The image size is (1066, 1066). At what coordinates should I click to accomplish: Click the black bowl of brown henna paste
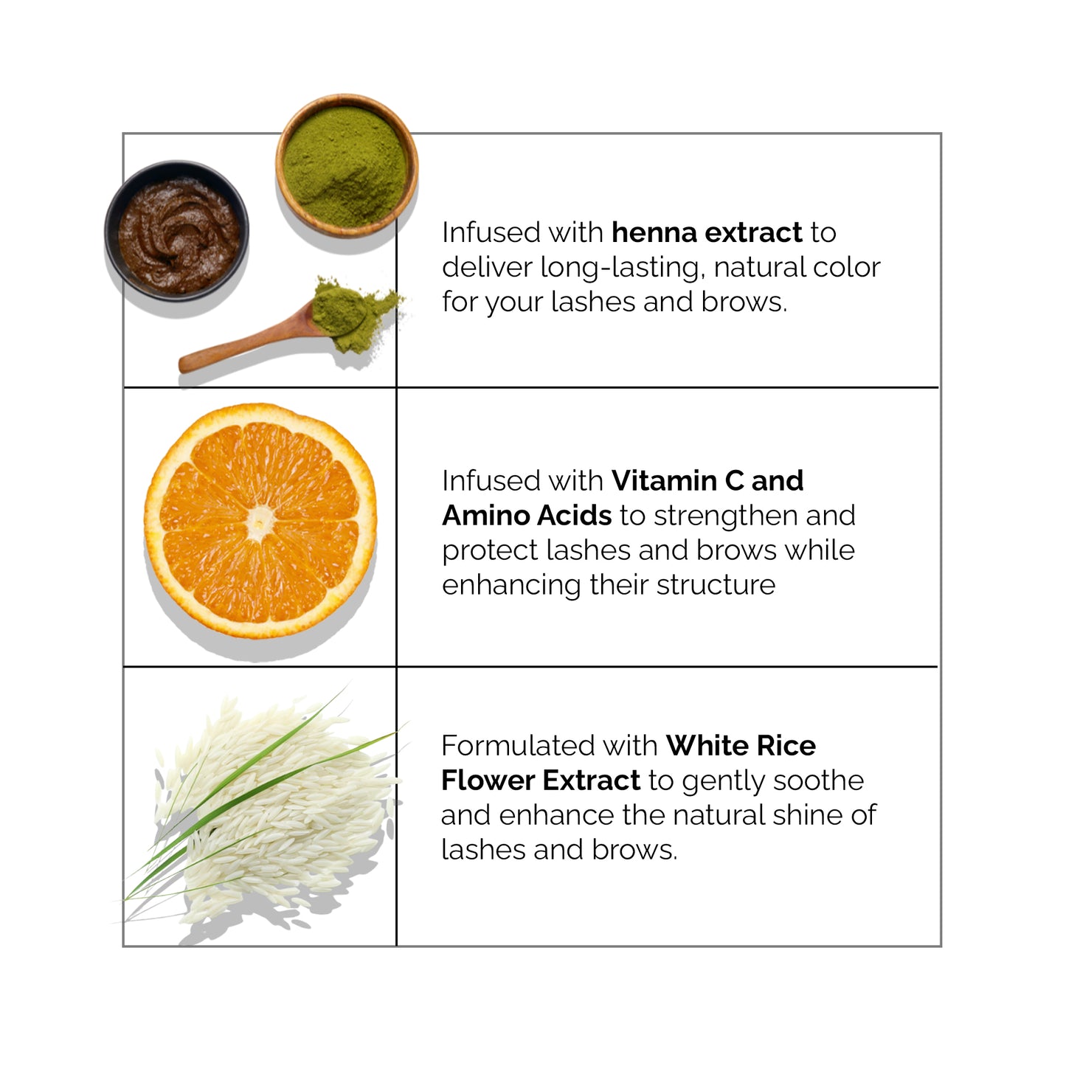point(177,231)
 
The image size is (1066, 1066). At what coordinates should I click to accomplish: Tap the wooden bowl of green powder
point(347,166)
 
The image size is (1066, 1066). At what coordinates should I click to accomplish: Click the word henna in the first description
point(653,232)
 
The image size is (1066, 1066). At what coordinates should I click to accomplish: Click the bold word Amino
point(485,516)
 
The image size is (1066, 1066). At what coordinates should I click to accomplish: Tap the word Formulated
point(517,746)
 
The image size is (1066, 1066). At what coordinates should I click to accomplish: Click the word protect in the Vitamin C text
point(490,552)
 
